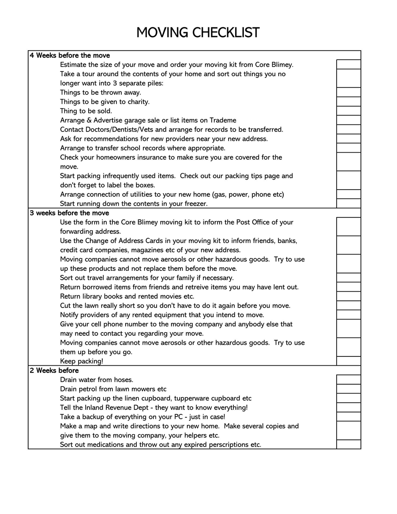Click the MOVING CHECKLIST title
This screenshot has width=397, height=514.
pos(198,33)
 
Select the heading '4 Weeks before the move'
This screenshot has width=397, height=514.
pos(70,56)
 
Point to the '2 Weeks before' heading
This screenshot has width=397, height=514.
pos(54,371)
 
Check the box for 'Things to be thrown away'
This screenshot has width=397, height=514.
pos(348,92)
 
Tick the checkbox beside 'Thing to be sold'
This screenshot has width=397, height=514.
pos(348,111)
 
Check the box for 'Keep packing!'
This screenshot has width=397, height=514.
pos(348,361)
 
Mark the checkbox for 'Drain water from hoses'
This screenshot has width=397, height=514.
pos(348,379)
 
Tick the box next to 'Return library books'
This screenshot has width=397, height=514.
pos(348,296)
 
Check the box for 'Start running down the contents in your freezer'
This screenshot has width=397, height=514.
pos(348,203)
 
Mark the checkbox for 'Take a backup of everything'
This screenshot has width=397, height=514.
pos(348,416)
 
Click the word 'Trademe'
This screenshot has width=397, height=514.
pos(222,120)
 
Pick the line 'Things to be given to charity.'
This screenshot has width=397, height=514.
pos(105,102)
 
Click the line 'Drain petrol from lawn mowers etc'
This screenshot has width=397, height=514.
pos(113,389)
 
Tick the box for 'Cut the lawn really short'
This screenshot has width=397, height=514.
pos(348,305)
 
